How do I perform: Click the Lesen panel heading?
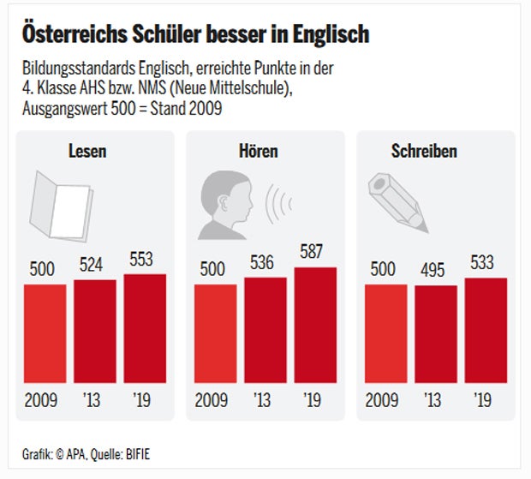pos(87,152)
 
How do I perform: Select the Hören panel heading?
pos(258,152)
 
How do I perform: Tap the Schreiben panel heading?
pos(424,152)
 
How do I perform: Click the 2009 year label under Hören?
pos(213,400)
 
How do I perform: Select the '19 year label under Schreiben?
pos(482,400)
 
